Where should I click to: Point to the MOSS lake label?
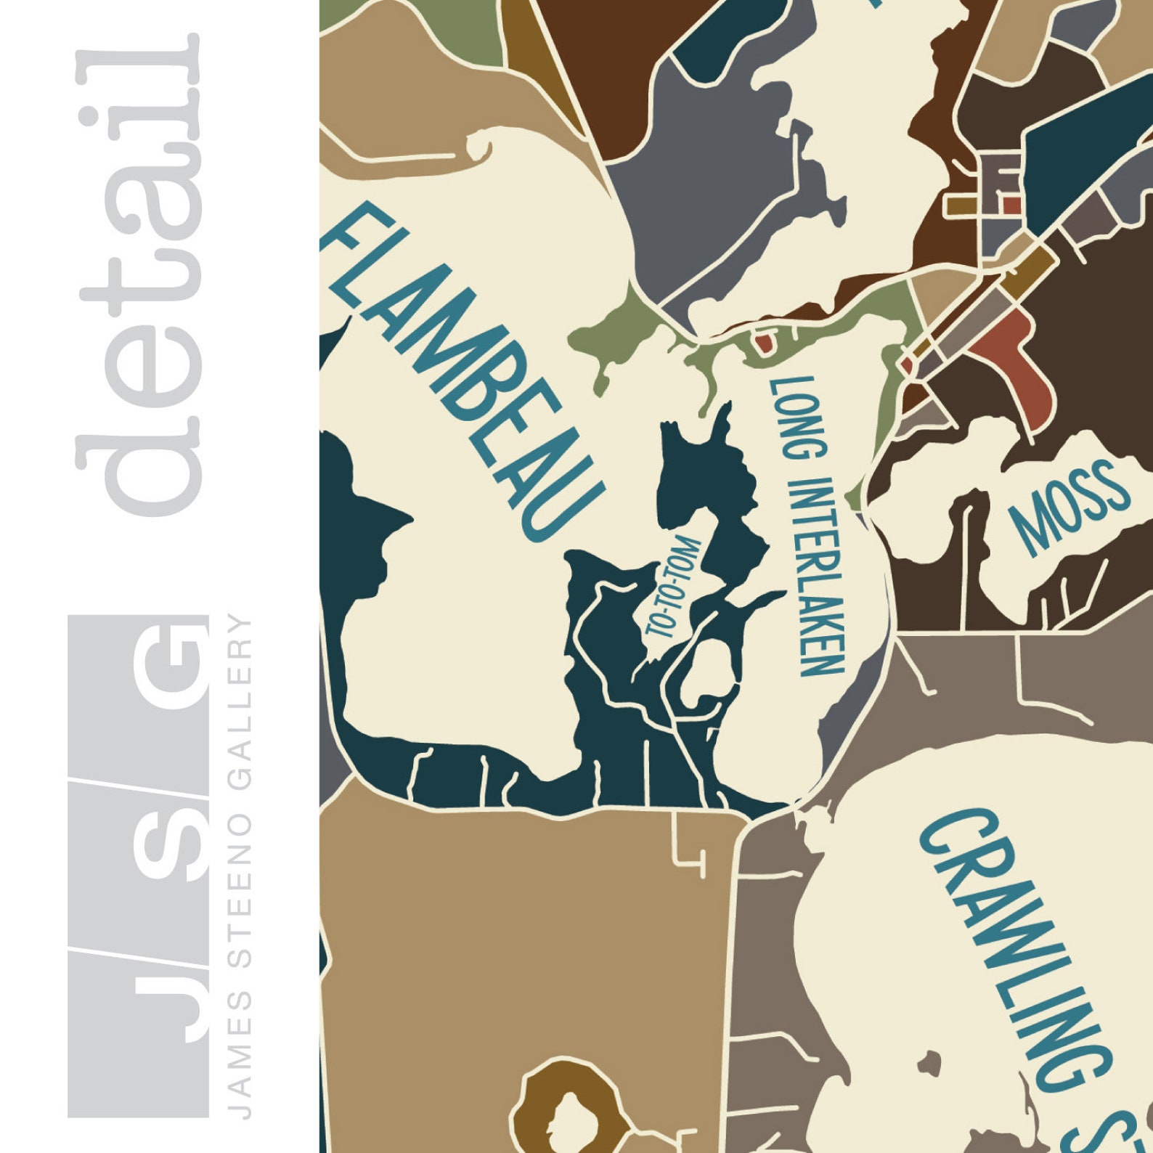(1071, 505)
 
